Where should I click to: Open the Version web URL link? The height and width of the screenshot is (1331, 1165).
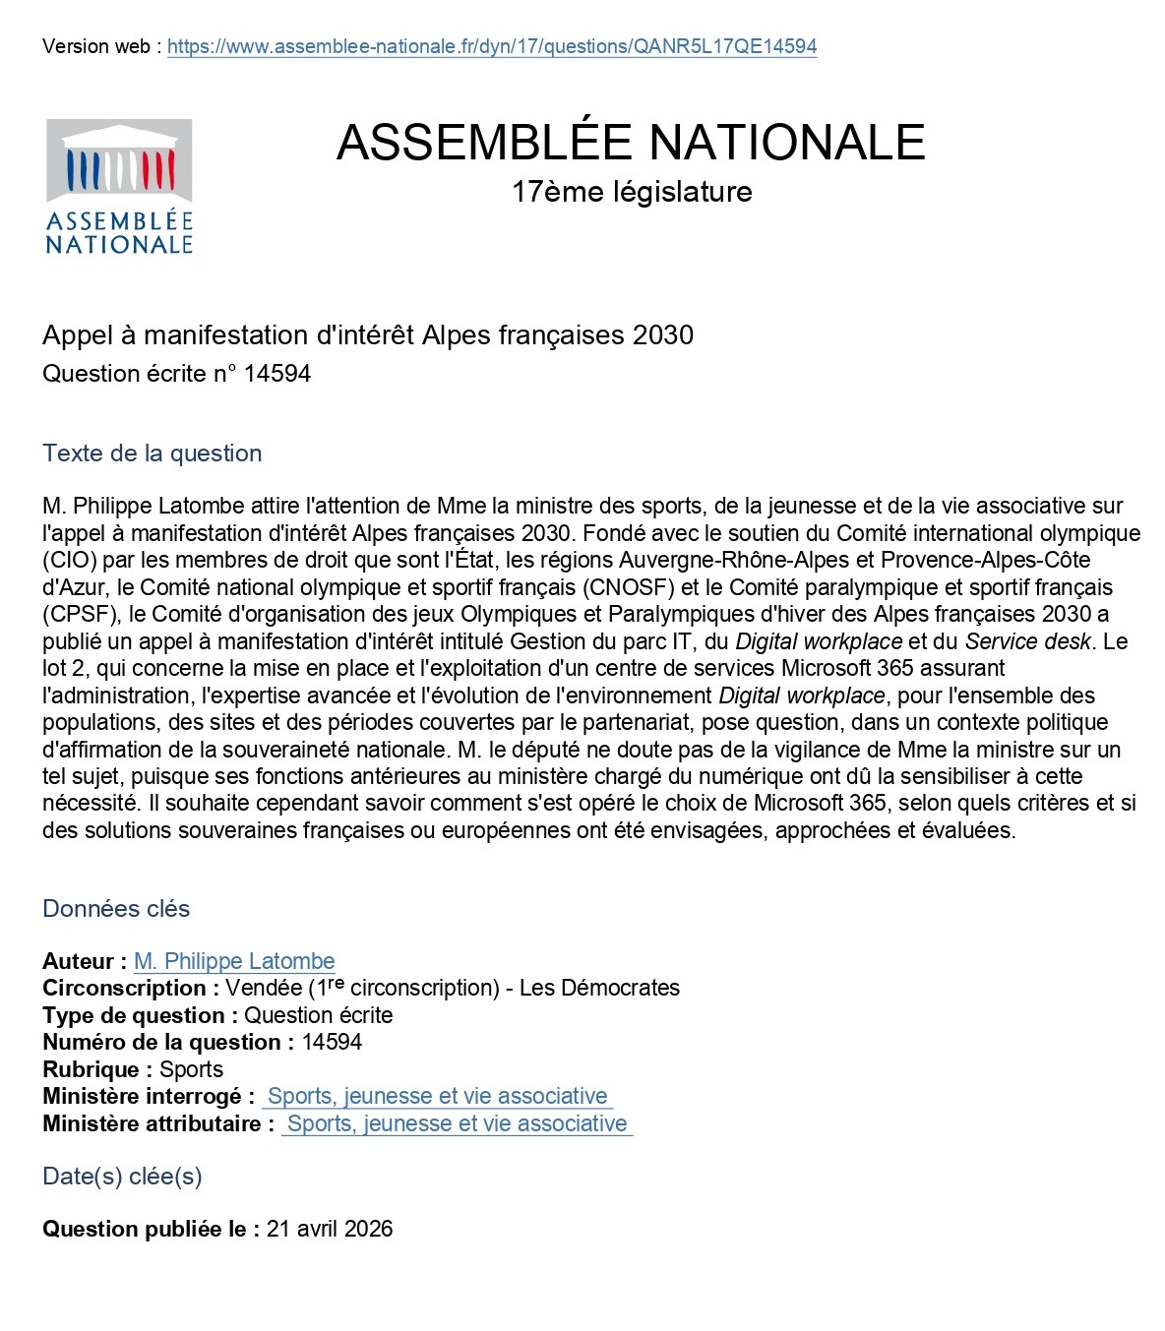(x=492, y=46)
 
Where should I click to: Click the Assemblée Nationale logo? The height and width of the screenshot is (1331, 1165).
(x=119, y=186)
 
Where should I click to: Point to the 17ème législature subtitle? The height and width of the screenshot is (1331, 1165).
(x=632, y=192)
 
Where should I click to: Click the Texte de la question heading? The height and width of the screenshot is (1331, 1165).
(x=153, y=454)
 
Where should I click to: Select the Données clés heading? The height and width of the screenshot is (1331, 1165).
(x=116, y=909)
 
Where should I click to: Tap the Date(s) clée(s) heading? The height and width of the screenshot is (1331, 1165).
(x=122, y=1177)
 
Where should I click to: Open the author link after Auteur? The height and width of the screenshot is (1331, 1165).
(x=234, y=961)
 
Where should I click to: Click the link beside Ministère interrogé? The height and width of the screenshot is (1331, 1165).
(x=437, y=1096)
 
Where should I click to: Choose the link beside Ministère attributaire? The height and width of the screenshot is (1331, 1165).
(x=457, y=1123)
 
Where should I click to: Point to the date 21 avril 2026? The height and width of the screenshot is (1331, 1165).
(x=330, y=1229)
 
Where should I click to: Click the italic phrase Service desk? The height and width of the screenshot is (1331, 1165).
(x=1027, y=641)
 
